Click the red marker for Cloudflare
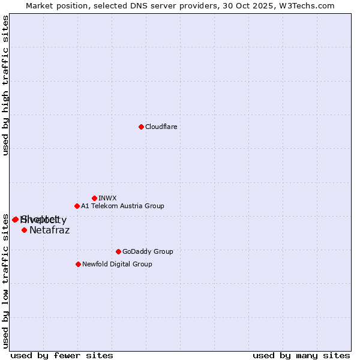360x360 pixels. [141, 127]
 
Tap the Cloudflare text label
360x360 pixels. [161, 127]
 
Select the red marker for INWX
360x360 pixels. [94, 198]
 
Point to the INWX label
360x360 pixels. [107, 198]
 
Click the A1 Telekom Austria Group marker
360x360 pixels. [77, 206]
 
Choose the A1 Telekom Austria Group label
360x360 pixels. [122, 206]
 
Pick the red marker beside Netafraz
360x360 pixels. [24, 230]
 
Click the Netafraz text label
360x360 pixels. [49, 230]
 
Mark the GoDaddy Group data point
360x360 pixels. [118, 251]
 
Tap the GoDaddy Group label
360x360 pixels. [148, 251]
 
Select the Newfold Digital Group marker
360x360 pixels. [78, 264]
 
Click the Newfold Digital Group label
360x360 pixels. [117, 264]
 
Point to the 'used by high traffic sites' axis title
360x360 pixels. [5, 86]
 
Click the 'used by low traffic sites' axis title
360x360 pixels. [5, 281]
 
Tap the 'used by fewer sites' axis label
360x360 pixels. [62, 355]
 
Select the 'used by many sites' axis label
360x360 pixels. [301, 355]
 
